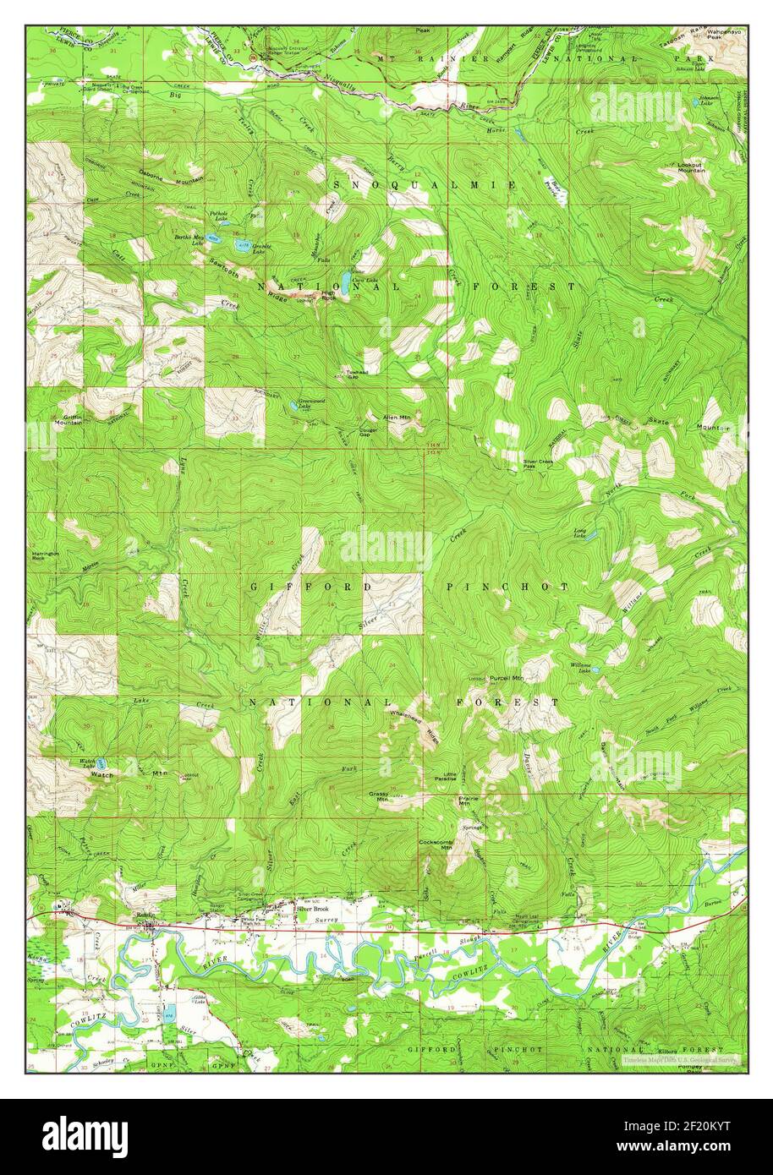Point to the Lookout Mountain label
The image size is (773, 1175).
(691, 167)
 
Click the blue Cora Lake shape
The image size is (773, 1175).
(346, 279)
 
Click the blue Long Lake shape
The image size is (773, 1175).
(593, 536)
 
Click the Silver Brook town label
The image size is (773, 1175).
(311, 910)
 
